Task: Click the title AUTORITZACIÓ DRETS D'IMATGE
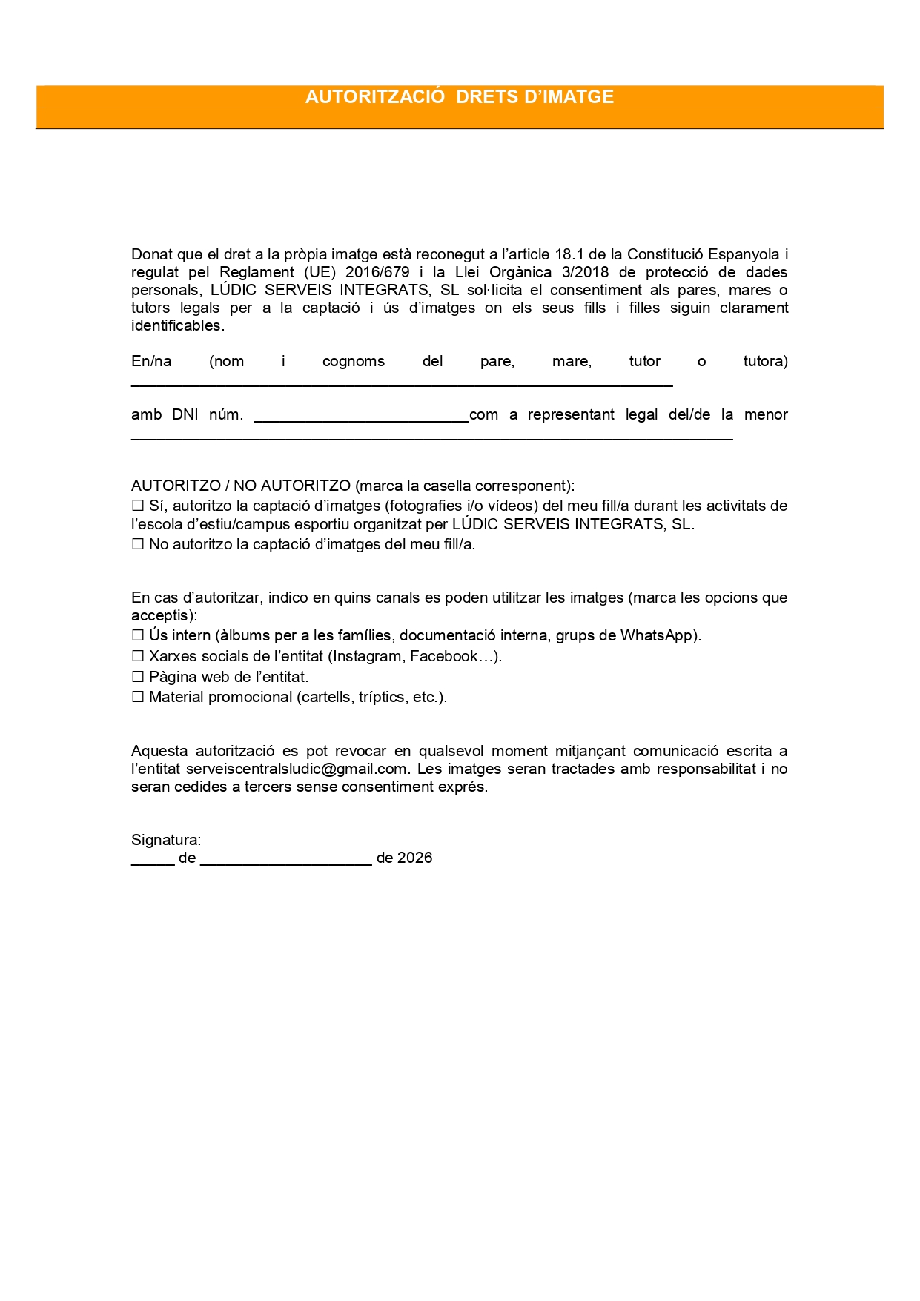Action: (x=460, y=97)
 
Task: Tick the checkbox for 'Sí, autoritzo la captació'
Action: (x=138, y=506)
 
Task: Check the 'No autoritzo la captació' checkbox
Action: (x=138, y=544)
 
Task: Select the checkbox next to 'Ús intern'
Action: (x=138, y=635)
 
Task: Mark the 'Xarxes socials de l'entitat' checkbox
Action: (x=138, y=656)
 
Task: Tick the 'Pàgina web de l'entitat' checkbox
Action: (x=138, y=677)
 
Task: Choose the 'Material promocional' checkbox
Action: (x=138, y=697)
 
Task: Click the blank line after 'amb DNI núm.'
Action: (x=361, y=419)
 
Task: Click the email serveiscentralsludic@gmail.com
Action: (x=297, y=769)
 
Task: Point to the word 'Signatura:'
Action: (x=166, y=840)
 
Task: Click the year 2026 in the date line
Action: (x=414, y=858)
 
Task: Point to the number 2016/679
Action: (x=377, y=272)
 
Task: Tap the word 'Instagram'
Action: (x=367, y=656)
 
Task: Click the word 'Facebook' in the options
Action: (x=444, y=656)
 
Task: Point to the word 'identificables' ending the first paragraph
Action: (x=176, y=325)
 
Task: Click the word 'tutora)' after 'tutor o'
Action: (x=765, y=361)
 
